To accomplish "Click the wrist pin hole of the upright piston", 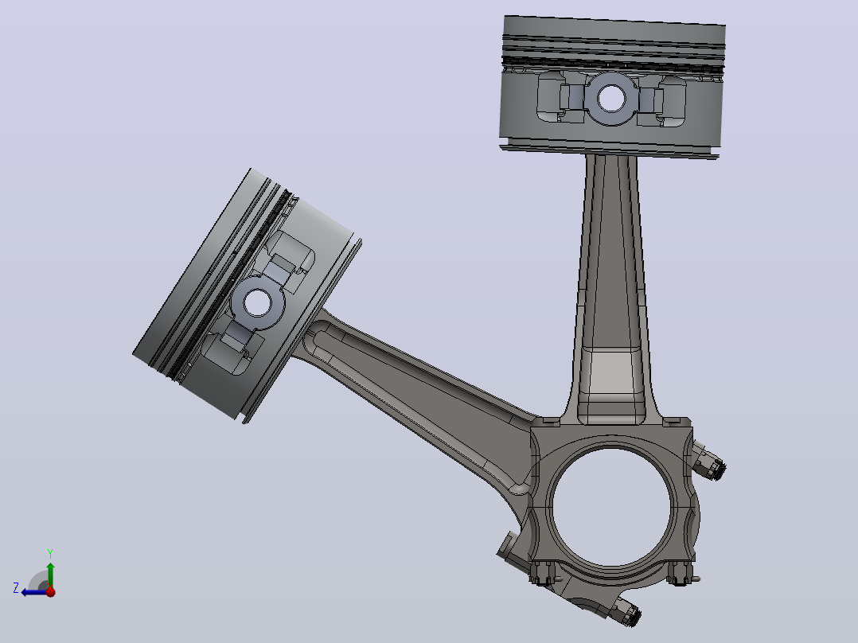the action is [611, 99].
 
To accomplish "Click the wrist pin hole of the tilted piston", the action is [256, 302].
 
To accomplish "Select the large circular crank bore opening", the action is [611, 507].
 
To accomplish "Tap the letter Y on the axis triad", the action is [50, 553].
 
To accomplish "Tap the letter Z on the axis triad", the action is [16, 588].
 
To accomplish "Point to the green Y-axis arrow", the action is [50, 575].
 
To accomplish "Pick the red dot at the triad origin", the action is [51, 591].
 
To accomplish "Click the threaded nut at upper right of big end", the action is [710, 466].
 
